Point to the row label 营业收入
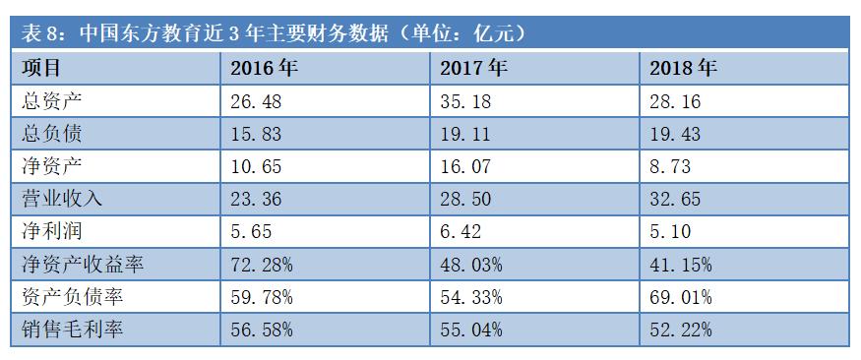(61, 199)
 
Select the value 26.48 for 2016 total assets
(257, 101)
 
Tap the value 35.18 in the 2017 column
(466, 101)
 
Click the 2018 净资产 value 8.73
(671, 166)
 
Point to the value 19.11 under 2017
(466, 134)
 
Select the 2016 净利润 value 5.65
(251, 232)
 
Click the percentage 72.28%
(262, 265)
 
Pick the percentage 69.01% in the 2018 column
(681, 297)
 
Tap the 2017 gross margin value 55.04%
(471, 330)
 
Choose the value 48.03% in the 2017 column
(471, 265)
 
